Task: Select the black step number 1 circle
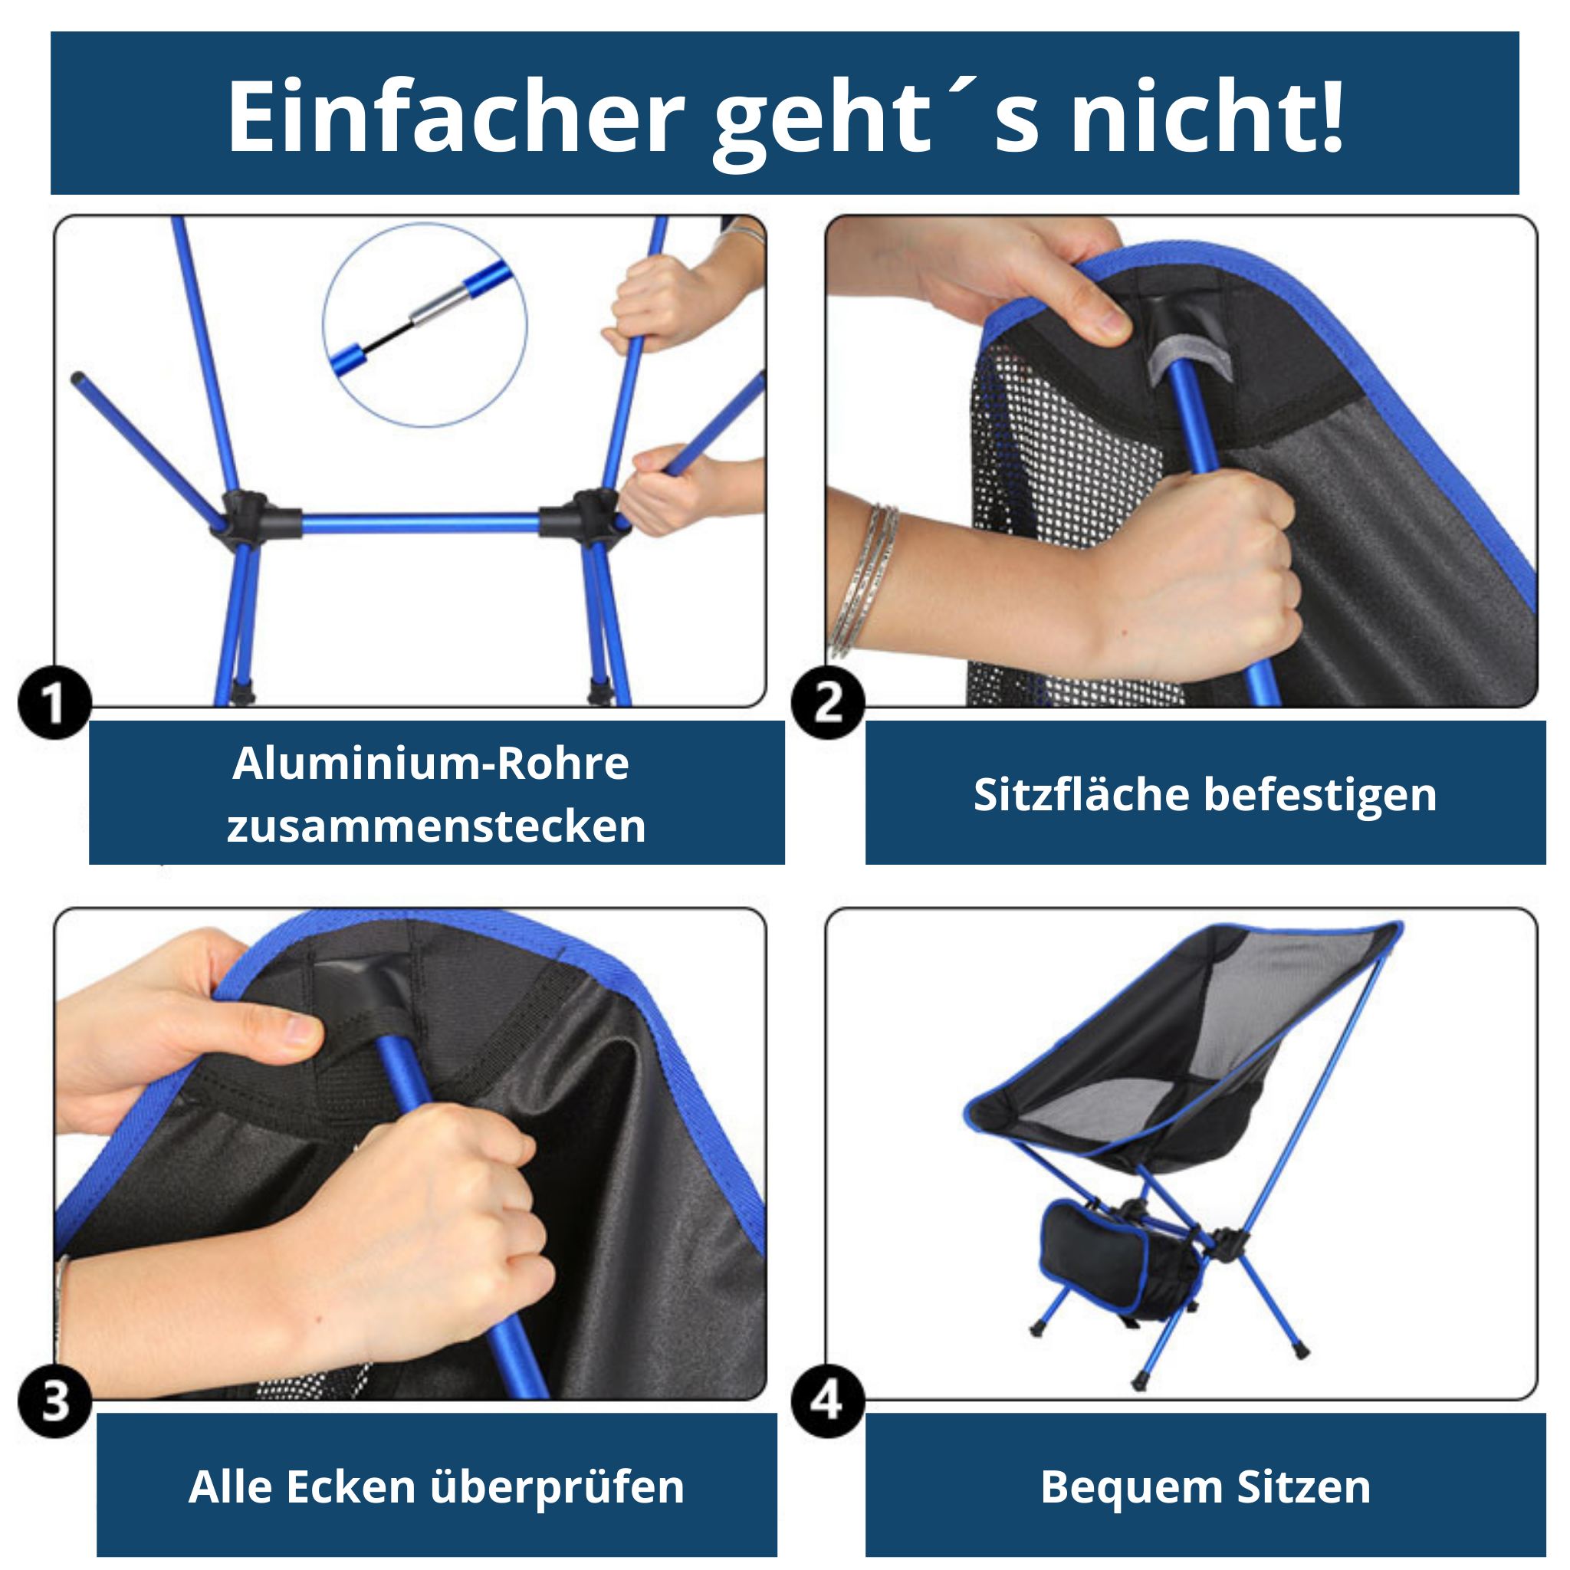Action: point(54,703)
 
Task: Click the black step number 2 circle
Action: point(828,703)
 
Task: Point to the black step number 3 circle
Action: point(54,1401)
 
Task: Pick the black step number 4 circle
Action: point(828,1401)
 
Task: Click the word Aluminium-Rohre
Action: point(431,763)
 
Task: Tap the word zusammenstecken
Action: point(436,826)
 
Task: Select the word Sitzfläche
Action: point(1081,794)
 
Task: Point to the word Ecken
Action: point(351,1487)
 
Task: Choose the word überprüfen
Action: point(557,1489)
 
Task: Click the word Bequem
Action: point(1132,1489)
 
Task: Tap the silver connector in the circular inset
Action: point(438,306)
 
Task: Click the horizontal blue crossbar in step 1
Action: point(420,524)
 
